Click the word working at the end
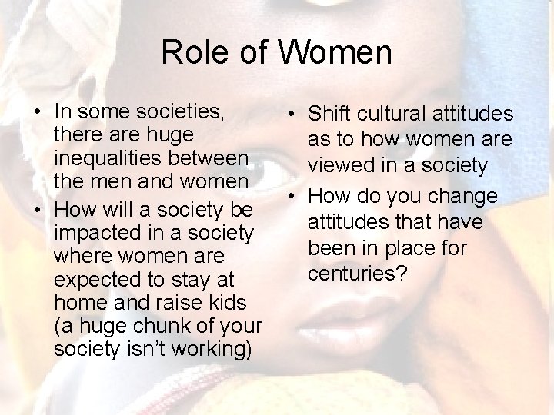[212, 349]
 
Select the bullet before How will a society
[37, 210]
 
